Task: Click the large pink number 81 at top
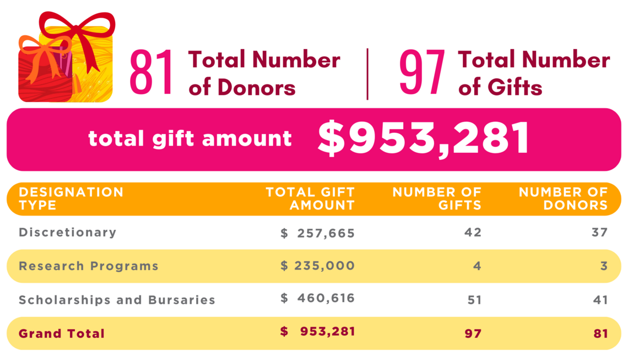tap(151, 72)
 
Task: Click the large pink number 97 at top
tap(421, 72)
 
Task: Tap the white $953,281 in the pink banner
tap(424, 138)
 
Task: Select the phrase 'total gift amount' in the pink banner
tap(190, 138)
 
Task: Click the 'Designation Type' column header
tap(71, 198)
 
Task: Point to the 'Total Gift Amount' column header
tap(310, 198)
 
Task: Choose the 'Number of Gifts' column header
tap(437, 198)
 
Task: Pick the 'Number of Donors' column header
tap(563, 198)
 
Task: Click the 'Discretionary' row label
tap(68, 232)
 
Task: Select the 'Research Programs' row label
tap(89, 266)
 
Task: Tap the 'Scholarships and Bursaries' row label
tap(117, 300)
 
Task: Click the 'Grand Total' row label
tap(62, 334)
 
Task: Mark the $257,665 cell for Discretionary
tap(318, 233)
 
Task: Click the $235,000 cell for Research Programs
tap(318, 266)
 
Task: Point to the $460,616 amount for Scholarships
tap(318, 299)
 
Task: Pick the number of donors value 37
tap(600, 233)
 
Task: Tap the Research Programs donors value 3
tap(604, 266)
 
